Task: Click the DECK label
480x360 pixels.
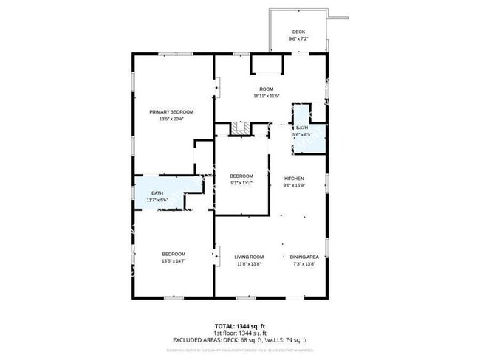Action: (298, 32)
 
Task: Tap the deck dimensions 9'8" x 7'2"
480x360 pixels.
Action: (298, 38)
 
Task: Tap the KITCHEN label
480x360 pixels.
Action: (295, 179)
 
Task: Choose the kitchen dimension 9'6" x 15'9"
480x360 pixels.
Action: (295, 185)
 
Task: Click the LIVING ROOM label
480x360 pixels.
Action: (249, 256)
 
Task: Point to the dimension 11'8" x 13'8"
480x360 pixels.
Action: (249, 263)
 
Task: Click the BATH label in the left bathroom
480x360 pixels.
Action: (158, 194)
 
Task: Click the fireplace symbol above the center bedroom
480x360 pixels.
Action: (240, 130)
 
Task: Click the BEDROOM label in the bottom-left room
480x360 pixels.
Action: (174, 254)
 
